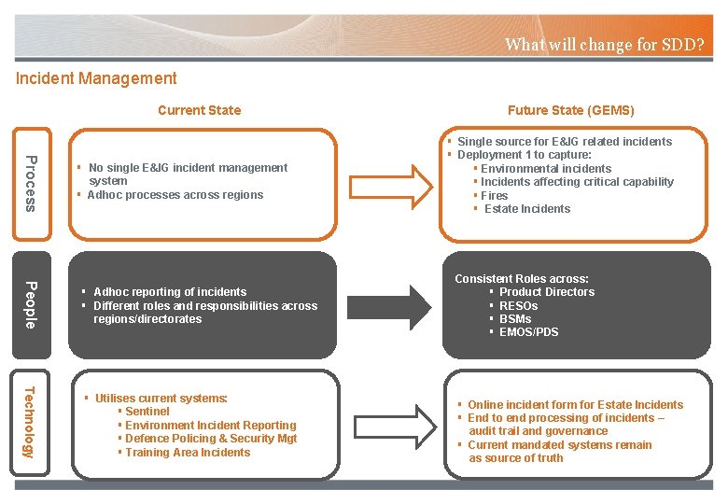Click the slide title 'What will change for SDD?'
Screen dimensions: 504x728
point(604,44)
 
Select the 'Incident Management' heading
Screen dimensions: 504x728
point(96,79)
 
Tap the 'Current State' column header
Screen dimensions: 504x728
point(199,110)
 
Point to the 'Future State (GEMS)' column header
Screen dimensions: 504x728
point(570,110)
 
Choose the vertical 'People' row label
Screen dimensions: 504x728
point(31,304)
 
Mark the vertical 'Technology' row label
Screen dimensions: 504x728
point(31,422)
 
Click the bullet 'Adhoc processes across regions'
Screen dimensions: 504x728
point(175,195)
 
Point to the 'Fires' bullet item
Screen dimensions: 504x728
point(494,196)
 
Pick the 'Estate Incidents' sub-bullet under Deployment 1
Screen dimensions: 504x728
point(526,209)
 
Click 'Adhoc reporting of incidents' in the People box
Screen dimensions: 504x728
point(170,292)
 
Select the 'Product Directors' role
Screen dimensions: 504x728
point(546,292)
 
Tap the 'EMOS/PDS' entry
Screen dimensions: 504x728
point(528,332)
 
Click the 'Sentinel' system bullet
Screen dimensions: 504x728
point(147,412)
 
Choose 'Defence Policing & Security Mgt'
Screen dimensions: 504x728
point(210,439)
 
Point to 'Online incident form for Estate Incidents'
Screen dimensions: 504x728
point(575,405)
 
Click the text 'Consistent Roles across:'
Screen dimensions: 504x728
point(521,279)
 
